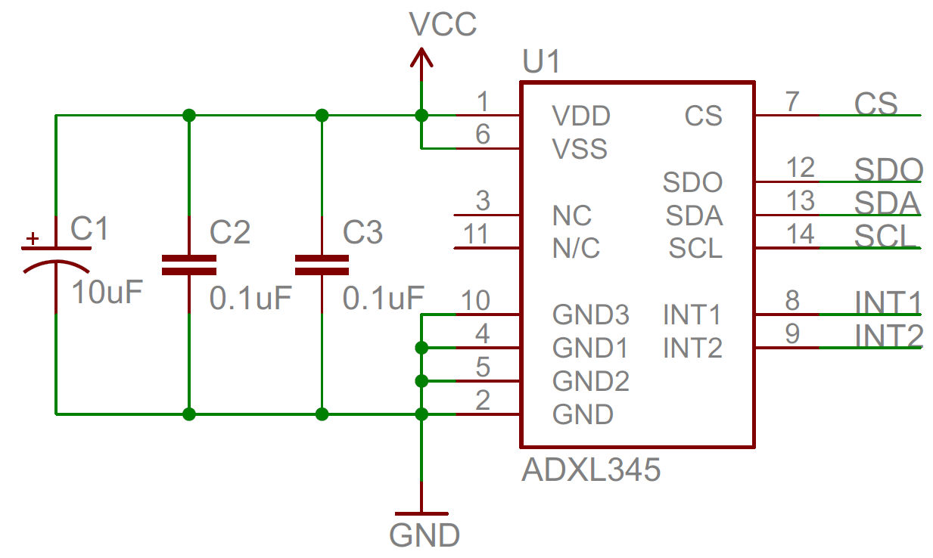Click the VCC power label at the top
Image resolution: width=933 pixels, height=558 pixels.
[443, 24]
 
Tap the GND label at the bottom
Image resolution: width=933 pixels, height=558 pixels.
[425, 535]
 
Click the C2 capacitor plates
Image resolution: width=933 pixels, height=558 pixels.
[189, 264]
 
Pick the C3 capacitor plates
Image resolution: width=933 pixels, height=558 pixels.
[322, 264]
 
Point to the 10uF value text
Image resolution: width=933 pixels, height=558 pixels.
[107, 293]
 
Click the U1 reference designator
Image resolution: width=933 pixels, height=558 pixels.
[542, 64]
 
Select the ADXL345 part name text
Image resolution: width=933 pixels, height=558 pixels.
[591, 471]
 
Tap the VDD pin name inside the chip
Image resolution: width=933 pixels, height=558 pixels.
[581, 116]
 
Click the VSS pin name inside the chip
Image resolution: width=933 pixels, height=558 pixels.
[580, 149]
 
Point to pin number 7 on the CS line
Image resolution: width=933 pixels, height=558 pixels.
[792, 101]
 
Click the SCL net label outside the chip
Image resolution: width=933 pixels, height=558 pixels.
[886, 237]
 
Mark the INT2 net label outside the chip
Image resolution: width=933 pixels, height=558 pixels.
[889, 335]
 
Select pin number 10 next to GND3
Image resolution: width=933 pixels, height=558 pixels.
[475, 301]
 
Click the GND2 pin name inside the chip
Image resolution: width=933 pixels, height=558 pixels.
[590, 381]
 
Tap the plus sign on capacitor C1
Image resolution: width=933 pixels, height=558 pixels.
[32, 239]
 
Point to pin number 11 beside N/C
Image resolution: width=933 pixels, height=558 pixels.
[476, 234]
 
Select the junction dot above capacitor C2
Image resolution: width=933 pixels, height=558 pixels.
[189, 116]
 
